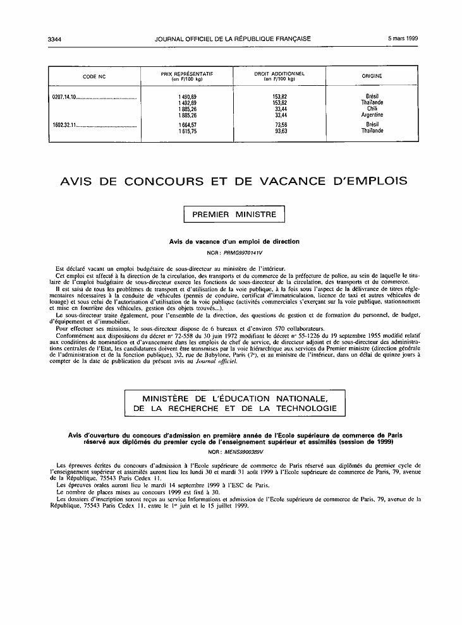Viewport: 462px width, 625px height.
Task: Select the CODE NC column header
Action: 94,76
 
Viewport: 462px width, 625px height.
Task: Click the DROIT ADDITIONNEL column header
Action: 279,76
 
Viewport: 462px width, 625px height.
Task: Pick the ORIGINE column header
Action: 372,76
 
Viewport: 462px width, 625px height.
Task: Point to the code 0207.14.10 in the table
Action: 64,96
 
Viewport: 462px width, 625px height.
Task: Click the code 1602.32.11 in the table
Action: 64,125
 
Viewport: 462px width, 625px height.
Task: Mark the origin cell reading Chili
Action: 372,109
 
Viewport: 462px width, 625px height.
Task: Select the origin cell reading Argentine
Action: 372,115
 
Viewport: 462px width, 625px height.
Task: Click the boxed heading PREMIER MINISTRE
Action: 234,215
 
